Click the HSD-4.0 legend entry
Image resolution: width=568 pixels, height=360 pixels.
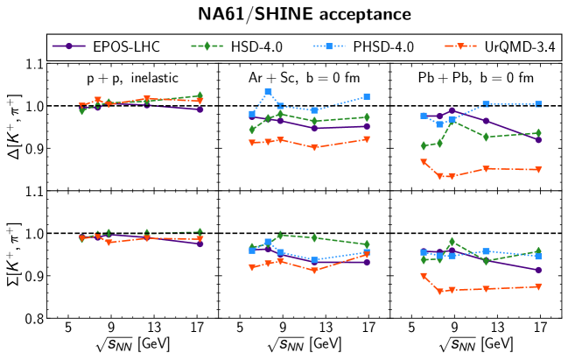tap(244, 46)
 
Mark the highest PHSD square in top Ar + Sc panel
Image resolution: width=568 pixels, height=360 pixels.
tap(268, 92)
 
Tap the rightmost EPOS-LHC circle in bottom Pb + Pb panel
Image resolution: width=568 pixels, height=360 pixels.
tap(538, 270)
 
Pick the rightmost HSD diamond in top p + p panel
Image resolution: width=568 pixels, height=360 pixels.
tap(200, 95)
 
